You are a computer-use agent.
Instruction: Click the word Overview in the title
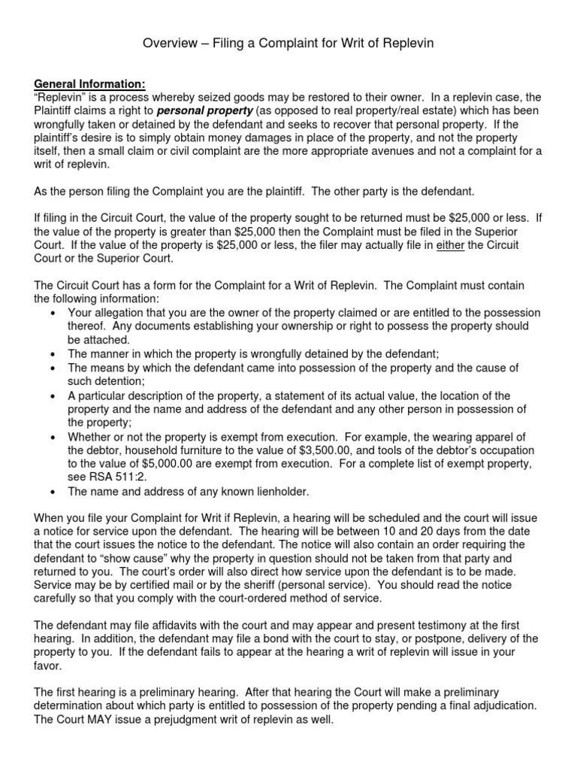(168, 44)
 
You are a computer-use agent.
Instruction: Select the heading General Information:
(90, 84)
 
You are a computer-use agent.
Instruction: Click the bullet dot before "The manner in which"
(51, 353)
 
